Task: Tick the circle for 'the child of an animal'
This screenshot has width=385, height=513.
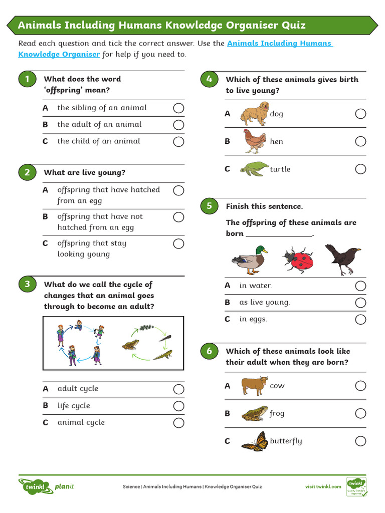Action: (178, 141)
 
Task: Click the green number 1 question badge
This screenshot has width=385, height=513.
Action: (27, 79)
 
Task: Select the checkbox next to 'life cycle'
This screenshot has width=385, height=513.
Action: (178, 406)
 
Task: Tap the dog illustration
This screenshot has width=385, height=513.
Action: (254, 113)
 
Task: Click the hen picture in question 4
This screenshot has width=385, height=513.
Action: (254, 141)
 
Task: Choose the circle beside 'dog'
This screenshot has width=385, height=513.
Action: (360, 114)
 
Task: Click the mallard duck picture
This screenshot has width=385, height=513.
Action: (249, 260)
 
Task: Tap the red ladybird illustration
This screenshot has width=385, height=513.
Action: (299, 260)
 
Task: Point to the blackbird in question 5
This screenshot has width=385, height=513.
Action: (342, 258)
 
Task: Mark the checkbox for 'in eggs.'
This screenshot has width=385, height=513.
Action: (360, 320)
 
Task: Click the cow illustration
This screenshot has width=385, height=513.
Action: (254, 386)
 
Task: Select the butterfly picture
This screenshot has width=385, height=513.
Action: (254, 441)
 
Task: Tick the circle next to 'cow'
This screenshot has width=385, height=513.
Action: (360, 386)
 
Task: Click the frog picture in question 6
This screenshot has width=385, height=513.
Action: (254, 414)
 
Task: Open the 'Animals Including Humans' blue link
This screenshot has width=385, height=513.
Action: (279, 44)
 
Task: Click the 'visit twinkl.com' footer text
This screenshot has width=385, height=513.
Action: (323, 486)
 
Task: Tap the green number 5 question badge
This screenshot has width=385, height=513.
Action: (209, 206)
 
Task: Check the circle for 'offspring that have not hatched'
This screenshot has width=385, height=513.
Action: (178, 217)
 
